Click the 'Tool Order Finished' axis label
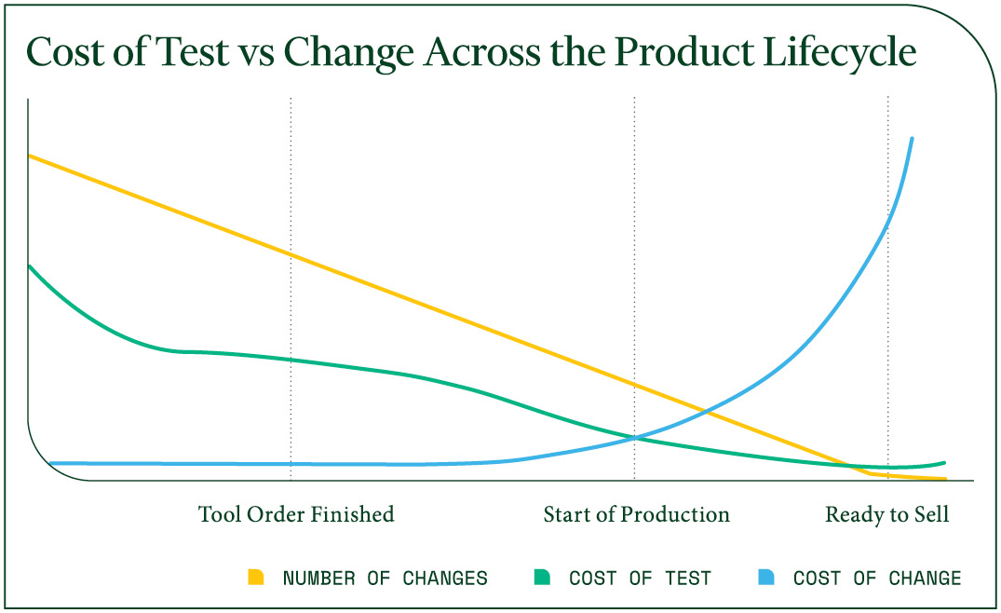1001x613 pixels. point(296,514)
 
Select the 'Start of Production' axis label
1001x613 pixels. point(637,514)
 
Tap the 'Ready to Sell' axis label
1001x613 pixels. point(887,514)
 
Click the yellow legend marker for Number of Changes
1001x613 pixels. point(256,578)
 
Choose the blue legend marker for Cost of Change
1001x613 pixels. point(766,578)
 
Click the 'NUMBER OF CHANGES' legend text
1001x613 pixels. point(385,579)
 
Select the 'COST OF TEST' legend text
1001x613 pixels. point(640,579)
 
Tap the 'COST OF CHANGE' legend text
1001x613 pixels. point(876,579)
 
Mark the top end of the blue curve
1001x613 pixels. point(912,139)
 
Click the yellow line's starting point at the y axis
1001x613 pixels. point(30,156)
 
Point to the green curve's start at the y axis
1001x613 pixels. point(30,266)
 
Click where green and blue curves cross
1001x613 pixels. point(635,437)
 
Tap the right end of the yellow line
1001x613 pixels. point(945,479)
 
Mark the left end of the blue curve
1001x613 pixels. point(51,462)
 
